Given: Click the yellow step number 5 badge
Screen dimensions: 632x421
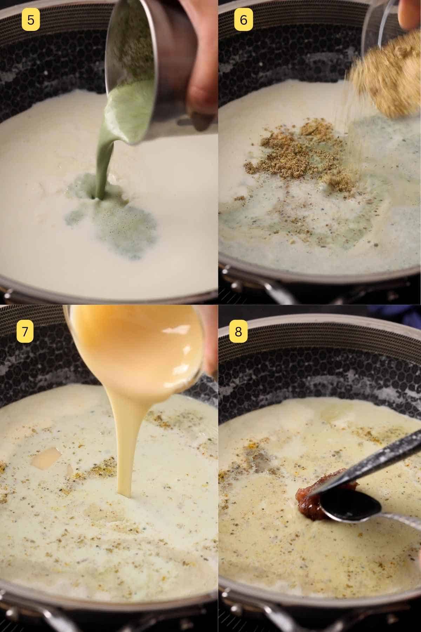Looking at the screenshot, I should [31, 20].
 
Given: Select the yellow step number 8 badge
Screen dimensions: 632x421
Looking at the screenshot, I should [238, 331].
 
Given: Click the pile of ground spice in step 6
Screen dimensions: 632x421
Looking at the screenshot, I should [298, 154].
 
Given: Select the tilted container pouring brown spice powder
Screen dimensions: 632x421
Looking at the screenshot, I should [386, 70].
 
